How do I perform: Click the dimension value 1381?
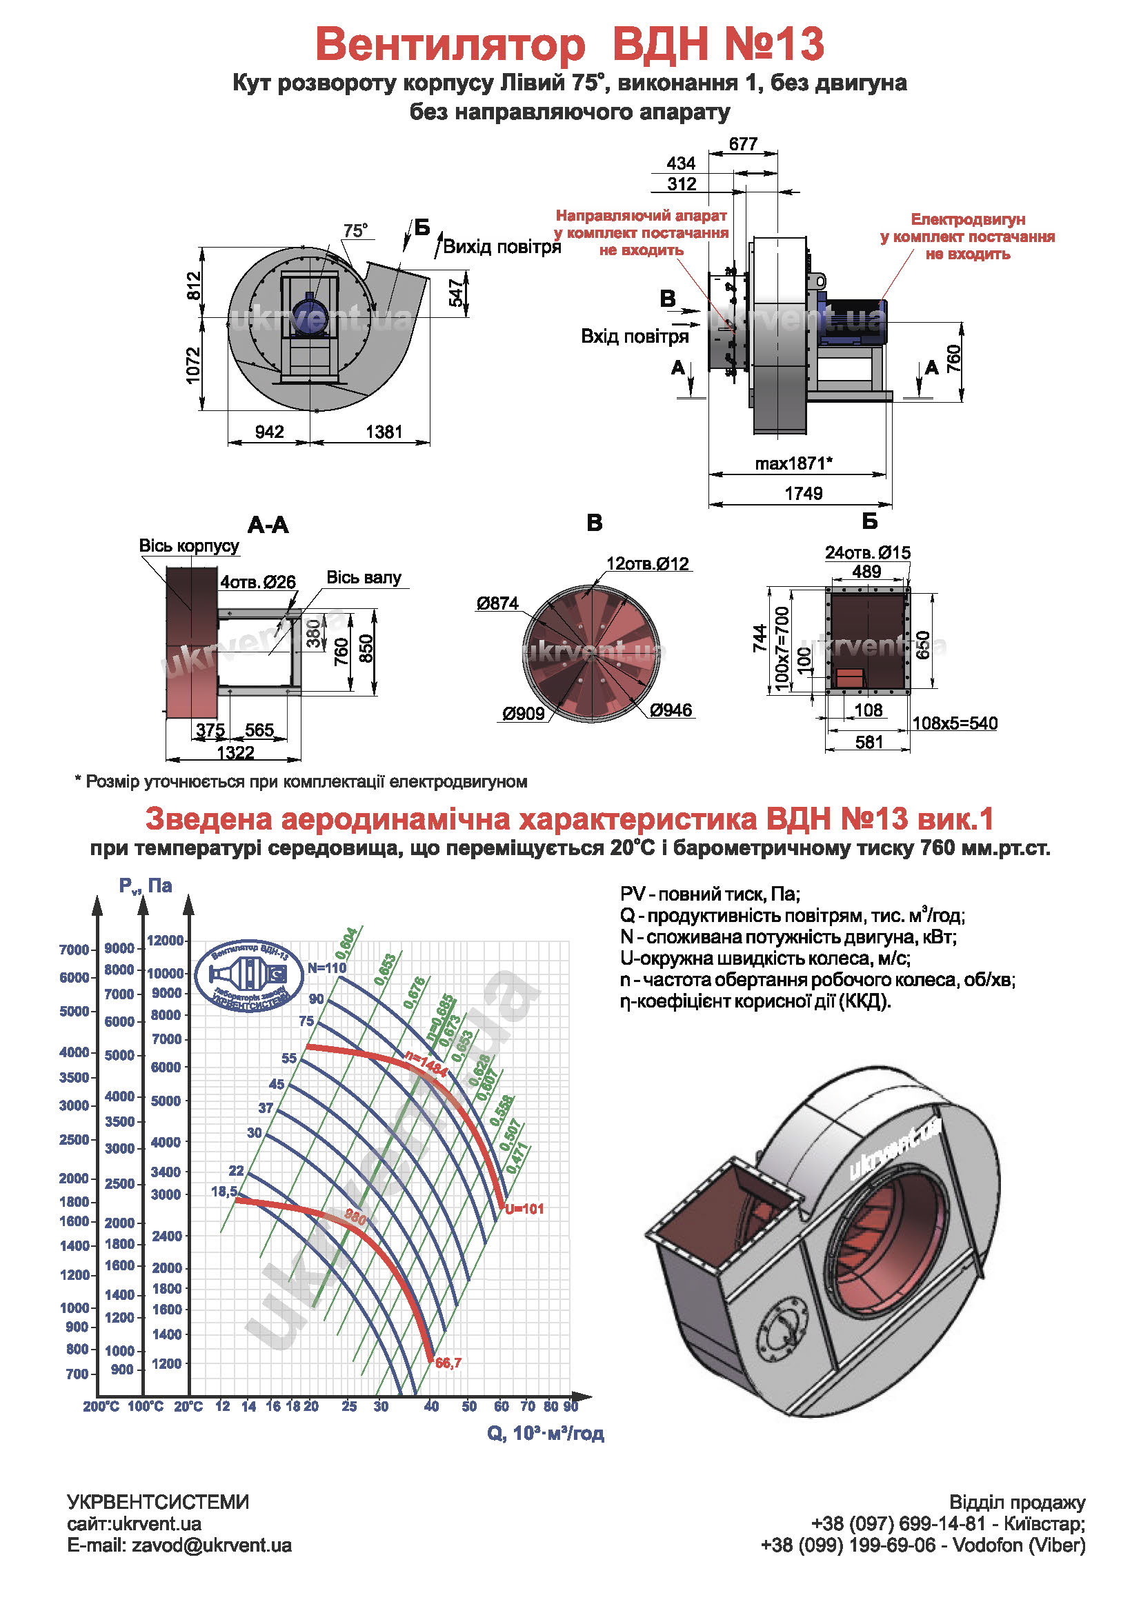384,431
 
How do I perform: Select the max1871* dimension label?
793,463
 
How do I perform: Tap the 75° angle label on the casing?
355,230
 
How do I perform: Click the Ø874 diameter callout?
497,603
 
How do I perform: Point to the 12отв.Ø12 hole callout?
647,563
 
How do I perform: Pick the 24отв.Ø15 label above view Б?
867,552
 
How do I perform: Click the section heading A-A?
268,525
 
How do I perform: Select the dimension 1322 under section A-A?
235,752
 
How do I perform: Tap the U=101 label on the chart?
524,1209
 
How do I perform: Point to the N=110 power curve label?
327,968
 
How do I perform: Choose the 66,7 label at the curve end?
448,1363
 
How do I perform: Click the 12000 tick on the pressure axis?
165,940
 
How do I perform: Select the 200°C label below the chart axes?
101,1406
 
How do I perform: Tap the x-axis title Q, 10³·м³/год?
545,1433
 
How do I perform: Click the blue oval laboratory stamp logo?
250,976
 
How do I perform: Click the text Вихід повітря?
502,247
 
